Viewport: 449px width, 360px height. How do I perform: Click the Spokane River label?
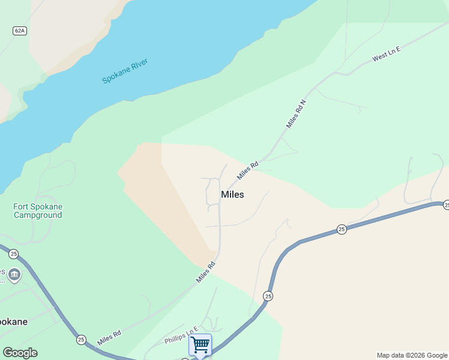(x=125, y=71)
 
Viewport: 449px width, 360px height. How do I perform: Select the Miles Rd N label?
(x=296, y=113)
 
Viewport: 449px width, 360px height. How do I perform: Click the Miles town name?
(x=232, y=194)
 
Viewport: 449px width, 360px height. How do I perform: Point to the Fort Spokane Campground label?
(x=38, y=211)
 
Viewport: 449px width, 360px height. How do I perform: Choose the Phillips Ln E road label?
(x=181, y=336)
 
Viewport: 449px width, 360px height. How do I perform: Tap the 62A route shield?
(x=19, y=30)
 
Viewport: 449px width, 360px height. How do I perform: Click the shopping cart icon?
(x=200, y=345)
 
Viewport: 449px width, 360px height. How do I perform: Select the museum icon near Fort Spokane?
(x=14, y=275)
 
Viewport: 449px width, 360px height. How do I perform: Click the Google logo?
(x=20, y=353)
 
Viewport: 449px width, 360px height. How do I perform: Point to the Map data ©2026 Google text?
(x=412, y=355)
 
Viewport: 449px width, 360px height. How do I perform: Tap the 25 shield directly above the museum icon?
(x=14, y=254)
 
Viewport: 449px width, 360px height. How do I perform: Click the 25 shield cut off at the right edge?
(x=446, y=205)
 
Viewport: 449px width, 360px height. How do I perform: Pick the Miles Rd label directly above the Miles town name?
(x=247, y=170)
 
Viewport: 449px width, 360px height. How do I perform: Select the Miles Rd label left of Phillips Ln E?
(x=109, y=337)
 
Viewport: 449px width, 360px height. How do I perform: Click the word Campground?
(x=38, y=215)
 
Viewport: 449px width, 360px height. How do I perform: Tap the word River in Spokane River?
(x=139, y=65)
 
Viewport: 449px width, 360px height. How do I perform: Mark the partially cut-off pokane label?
(x=13, y=322)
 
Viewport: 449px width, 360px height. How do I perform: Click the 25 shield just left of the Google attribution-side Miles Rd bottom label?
(x=81, y=340)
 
